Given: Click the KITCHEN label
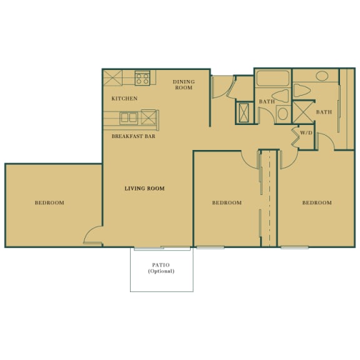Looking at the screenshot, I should pos(124,99).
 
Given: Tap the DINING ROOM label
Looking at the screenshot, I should pos(184,85).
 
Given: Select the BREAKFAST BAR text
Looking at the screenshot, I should pos(133,136).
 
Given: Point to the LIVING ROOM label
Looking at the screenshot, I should pos(144,188).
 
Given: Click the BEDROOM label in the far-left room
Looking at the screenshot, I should pos(49,202).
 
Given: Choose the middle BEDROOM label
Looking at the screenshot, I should pos(226,202).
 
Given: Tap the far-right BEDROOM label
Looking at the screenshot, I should pos(317,202).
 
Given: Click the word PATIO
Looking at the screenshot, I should pos(161,265).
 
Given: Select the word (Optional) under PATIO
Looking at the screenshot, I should pos(161,272).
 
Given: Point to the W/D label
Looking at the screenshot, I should pos(306,133).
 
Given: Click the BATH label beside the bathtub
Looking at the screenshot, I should pos(267,102).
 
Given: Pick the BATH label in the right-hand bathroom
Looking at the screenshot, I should pos(324,112).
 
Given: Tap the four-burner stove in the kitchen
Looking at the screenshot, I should pos(142,79).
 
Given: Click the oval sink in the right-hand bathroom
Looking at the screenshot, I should pos(322,76).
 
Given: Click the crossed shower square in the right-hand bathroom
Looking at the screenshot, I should pos(304,112).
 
